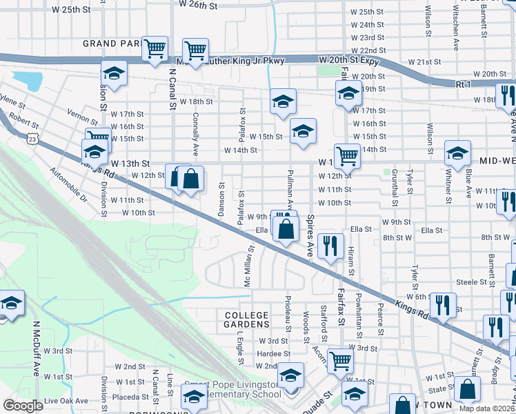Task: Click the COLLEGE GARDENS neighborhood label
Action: click(x=246, y=319)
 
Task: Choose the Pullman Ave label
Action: click(x=290, y=188)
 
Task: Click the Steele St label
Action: click(x=472, y=282)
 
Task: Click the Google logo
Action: click(x=23, y=405)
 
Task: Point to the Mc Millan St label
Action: click(x=246, y=268)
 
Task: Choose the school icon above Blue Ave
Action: click(x=457, y=154)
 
